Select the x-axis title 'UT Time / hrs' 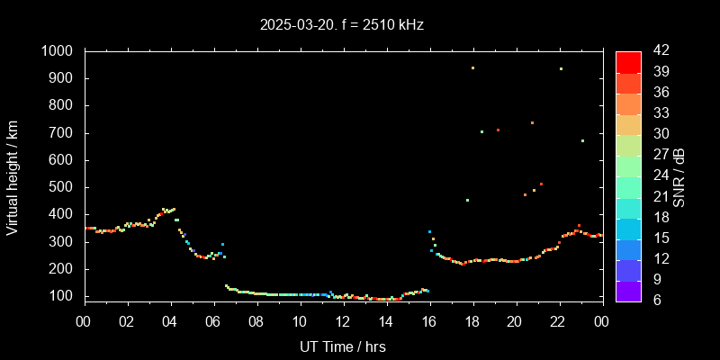(343, 346)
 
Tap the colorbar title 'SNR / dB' (679, 176)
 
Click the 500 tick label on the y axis (64, 187)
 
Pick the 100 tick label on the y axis (64, 296)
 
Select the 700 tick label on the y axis (64, 133)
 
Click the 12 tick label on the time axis (343, 321)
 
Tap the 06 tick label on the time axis (214, 321)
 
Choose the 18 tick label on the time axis (472, 321)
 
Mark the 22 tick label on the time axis (558, 321)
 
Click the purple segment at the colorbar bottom (628, 290)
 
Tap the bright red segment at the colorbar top (628, 61)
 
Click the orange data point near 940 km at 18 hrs (472, 67)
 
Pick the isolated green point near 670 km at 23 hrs (582, 140)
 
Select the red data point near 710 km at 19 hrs (498, 130)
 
